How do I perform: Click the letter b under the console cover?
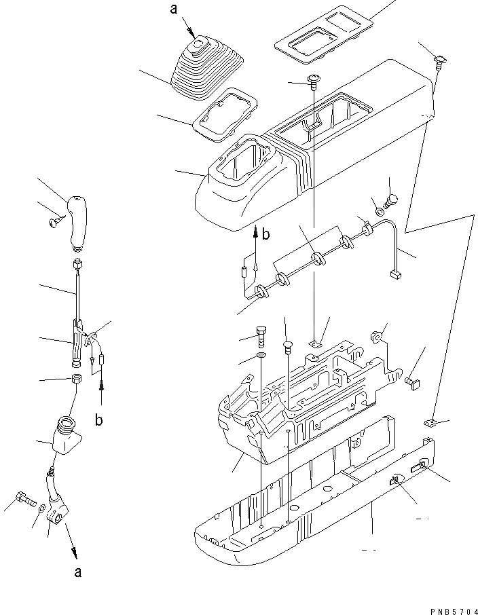pyautogui.click(x=267, y=234)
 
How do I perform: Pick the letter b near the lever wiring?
pyautogui.click(x=99, y=420)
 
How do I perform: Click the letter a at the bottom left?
pyautogui.click(x=79, y=572)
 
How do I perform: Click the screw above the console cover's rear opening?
pyautogui.click(x=314, y=81)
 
